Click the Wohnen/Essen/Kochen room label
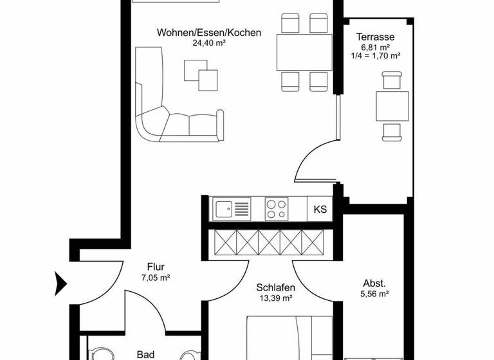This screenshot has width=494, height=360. tap(209, 32)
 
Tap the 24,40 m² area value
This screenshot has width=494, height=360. tap(209, 44)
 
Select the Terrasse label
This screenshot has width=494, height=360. tap(376, 37)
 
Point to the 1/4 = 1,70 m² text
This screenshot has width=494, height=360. tap(376, 56)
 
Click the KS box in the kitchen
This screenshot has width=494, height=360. tap(320, 209)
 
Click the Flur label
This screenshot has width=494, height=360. tap(156, 267)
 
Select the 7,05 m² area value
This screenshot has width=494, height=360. tap(156, 278)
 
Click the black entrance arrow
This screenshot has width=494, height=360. tap(60, 281)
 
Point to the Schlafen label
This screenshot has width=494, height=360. tap(275, 287)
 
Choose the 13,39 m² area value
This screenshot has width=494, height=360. tap(275, 298)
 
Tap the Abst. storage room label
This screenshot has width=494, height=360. tap(374, 283)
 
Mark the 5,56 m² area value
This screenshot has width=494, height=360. tap(374, 294)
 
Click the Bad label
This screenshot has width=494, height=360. tap(146, 354)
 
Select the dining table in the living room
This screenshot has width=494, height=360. tap(303, 52)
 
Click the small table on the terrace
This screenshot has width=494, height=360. tap(392, 107)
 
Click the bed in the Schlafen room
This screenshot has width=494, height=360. tap(289, 337)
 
